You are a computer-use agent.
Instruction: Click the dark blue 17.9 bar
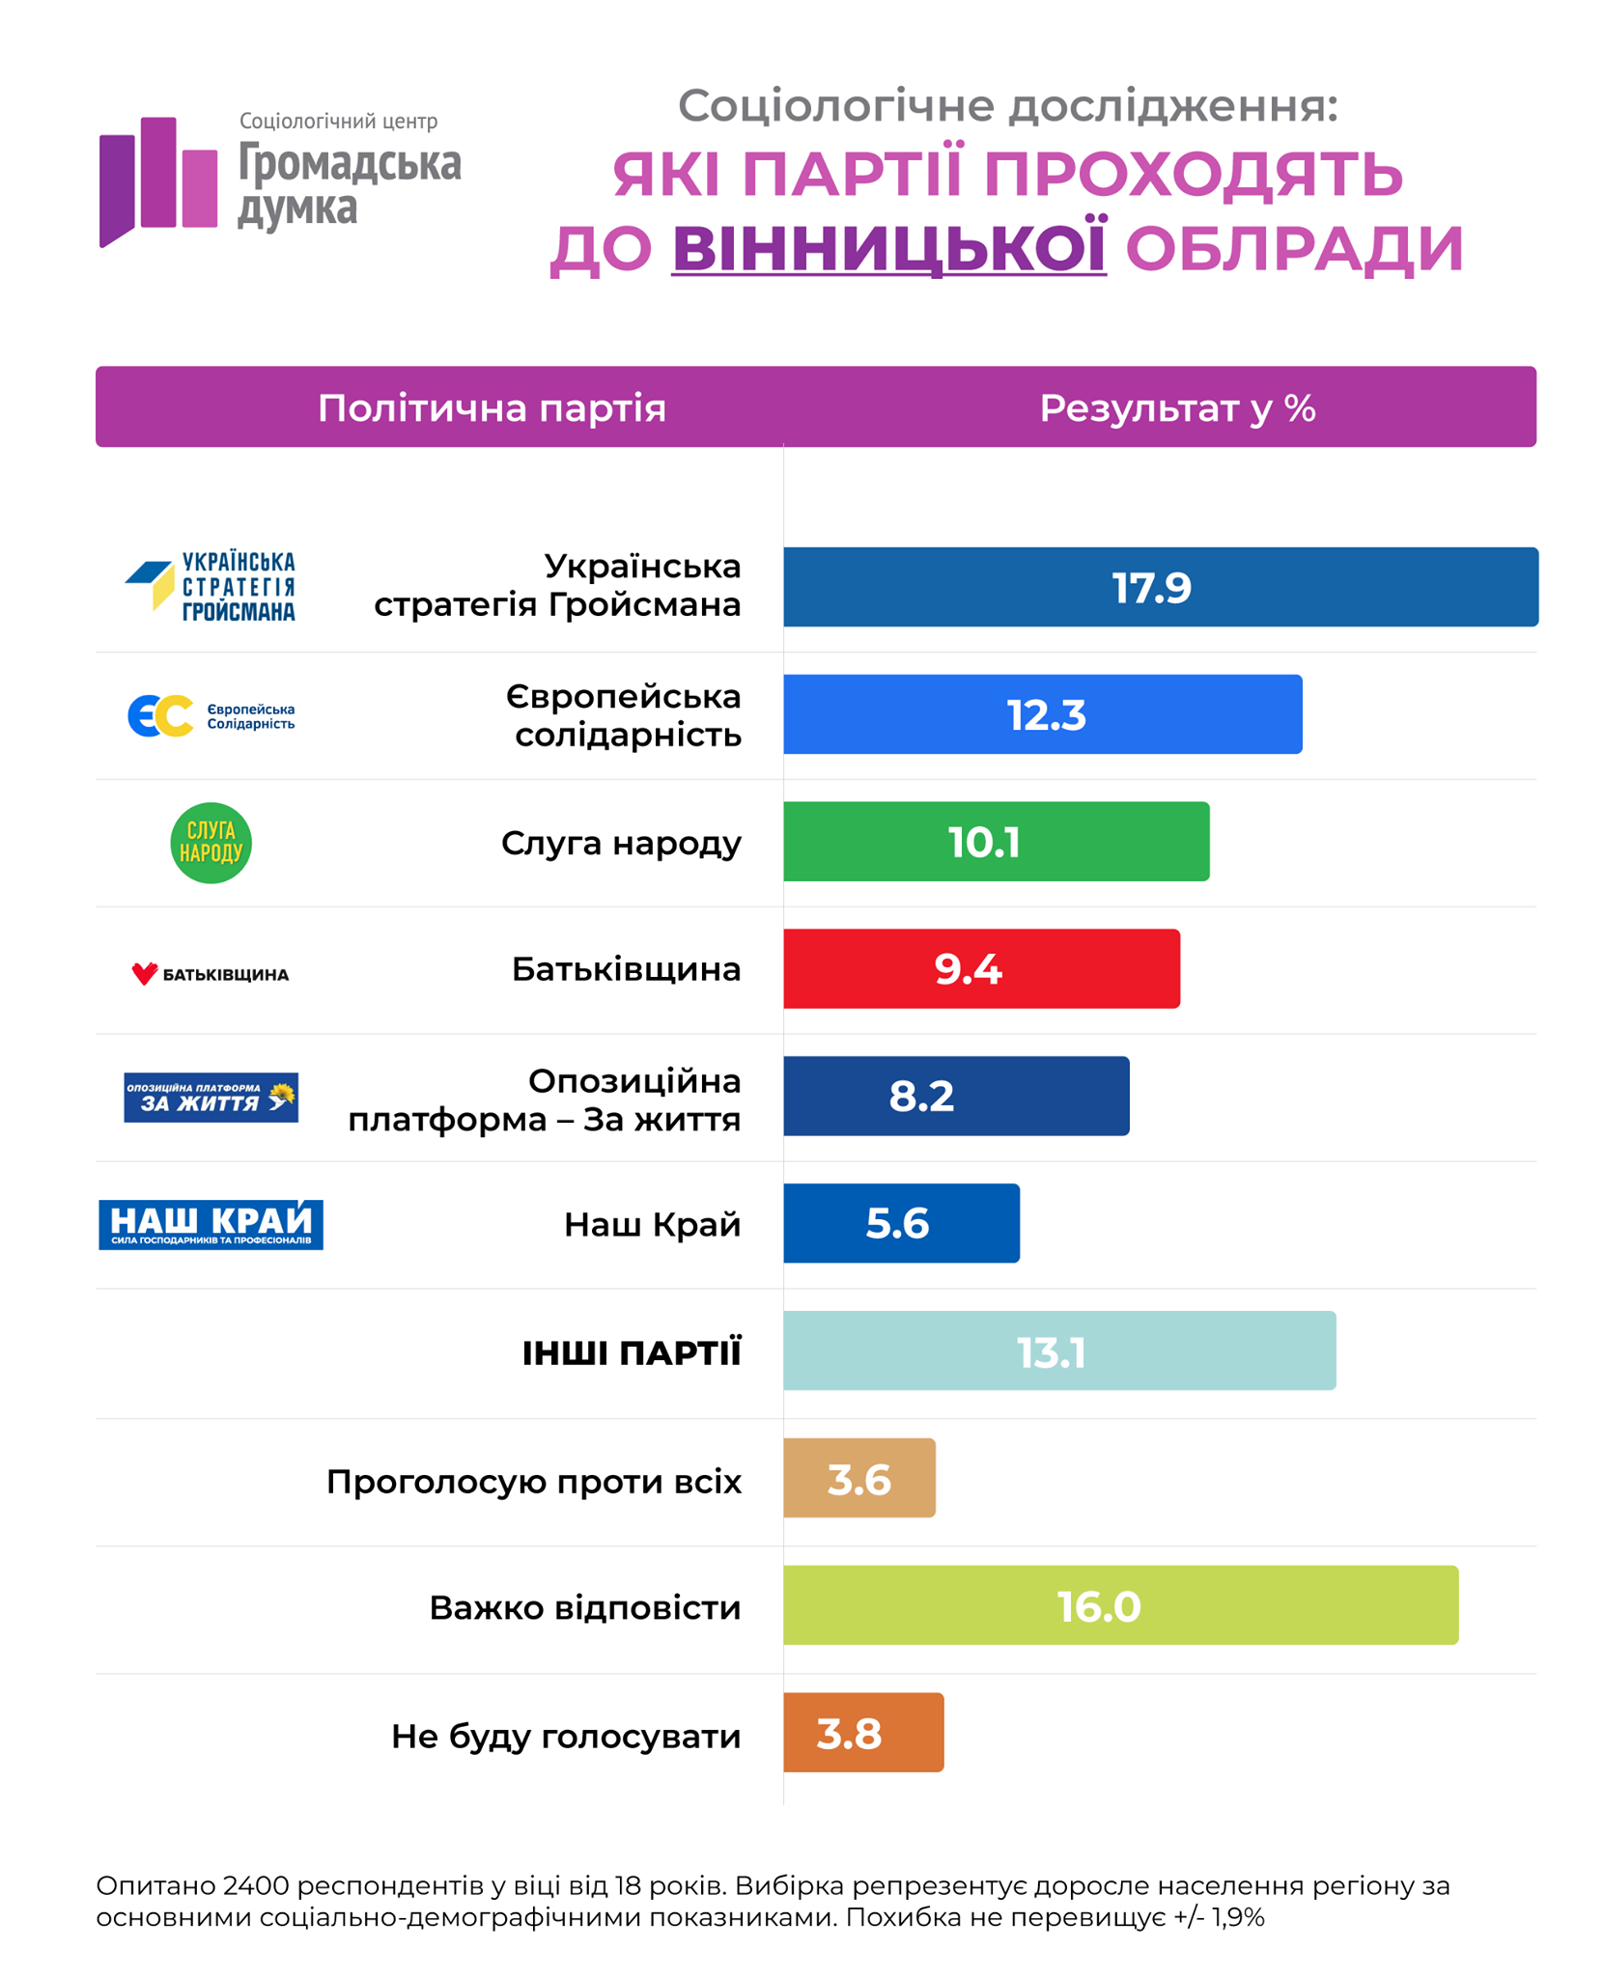(1159, 587)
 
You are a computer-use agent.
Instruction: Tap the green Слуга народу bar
(995, 842)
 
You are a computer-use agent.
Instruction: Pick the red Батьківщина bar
(980, 968)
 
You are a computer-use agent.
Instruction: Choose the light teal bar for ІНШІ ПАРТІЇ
(1058, 1350)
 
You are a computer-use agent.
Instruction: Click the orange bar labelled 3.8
(862, 1733)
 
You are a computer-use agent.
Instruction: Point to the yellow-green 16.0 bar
(1119, 1605)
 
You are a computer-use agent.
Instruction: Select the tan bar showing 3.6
(858, 1478)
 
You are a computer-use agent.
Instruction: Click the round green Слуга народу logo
(211, 843)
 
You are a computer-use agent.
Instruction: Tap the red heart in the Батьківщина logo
(144, 973)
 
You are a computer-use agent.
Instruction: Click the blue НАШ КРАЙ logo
(211, 1224)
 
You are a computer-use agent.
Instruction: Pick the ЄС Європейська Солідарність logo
(211, 715)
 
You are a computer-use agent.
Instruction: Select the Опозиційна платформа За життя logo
(211, 1098)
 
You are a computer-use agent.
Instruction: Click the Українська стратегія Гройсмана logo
(211, 586)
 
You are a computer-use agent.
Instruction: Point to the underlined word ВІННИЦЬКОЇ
(888, 248)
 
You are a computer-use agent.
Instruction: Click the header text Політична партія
(492, 408)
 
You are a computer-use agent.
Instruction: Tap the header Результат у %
(1176, 408)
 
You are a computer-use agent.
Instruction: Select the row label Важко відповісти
(584, 1608)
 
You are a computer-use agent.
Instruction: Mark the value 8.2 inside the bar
(921, 1097)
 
